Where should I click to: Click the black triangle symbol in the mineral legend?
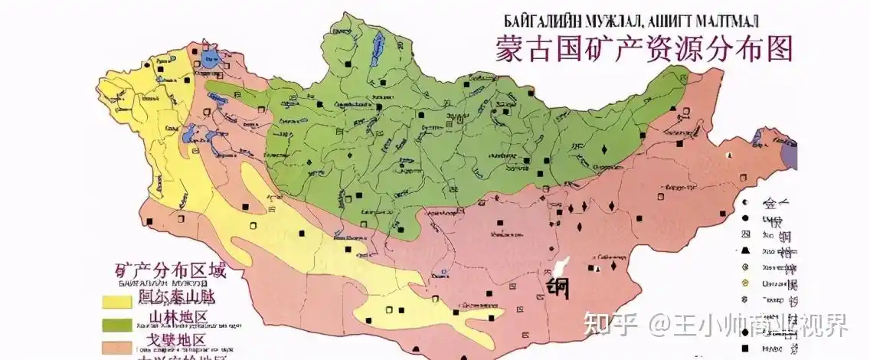pos(744,250)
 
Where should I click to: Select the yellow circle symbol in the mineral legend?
pos(744,283)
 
